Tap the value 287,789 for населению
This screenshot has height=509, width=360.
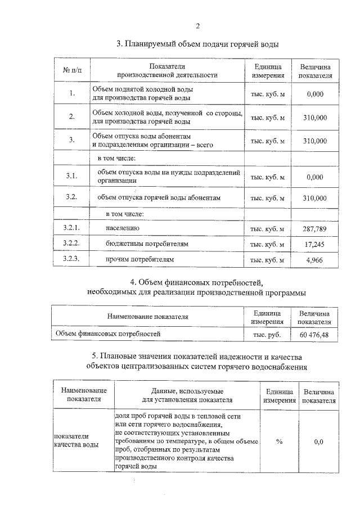pos(315,229)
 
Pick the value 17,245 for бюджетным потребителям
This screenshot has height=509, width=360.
pos(315,245)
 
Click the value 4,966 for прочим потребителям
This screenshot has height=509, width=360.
pos(315,260)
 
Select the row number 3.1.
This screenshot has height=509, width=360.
pos(72,177)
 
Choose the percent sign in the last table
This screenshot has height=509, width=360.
pos(279,442)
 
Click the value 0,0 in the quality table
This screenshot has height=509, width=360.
pos(318,442)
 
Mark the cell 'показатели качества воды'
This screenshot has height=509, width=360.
pos(78,441)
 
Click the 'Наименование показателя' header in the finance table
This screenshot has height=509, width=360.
pos(148,317)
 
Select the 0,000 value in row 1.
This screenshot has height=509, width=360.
pos(315,94)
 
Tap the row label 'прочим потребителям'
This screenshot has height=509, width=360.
pos(140,260)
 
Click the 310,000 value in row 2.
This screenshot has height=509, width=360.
pos(315,118)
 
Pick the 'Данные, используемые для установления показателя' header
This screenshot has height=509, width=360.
pos(187,395)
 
